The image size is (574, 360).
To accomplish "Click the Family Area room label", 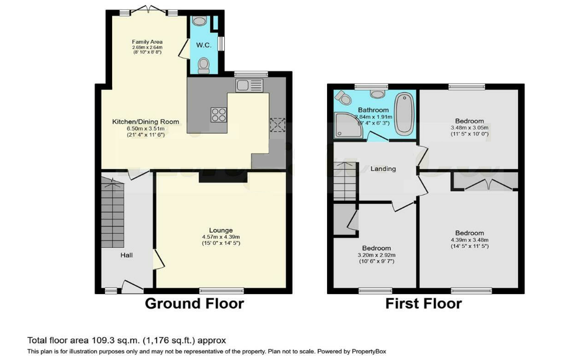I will pyautogui.click(x=147, y=41).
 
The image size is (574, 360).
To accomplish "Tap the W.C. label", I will pyautogui.click(x=203, y=45).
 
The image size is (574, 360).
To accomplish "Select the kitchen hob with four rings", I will pyautogui.click(x=218, y=115).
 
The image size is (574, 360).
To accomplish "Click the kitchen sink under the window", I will pyautogui.click(x=249, y=85).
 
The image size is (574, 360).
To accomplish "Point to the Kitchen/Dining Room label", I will pyautogui.click(x=145, y=121).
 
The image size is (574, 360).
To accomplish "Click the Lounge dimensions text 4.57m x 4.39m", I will pyautogui.click(x=221, y=236).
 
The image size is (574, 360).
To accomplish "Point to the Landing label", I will pyautogui.click(x=383, y=169).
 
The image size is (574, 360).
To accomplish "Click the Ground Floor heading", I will pyautogui.click(x=194, y=303).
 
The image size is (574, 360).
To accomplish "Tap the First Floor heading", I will pyautogui.click(x=423, y=303).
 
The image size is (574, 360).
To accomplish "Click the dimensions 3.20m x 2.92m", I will pyautogui.click(x=376, y=255).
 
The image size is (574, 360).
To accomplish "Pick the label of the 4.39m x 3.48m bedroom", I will pyautogui.click(x=469, y=233).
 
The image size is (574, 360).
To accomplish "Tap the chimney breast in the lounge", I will pyautogui.click(x=221, y=177).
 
